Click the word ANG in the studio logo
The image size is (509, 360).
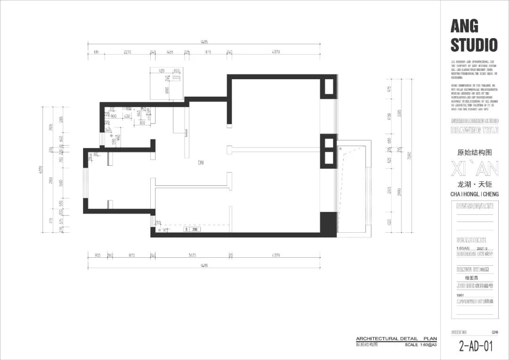pos(464,25)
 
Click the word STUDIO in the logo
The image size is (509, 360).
pos(474,45)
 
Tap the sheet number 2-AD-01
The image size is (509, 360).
pos(476,346)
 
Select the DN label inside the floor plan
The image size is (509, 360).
pos(201,163)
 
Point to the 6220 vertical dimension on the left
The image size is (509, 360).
pos(41,170)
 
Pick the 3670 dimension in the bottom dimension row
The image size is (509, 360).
pos(192,255)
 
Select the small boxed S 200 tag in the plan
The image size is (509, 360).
pos(193,229)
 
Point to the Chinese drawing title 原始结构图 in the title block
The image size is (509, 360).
pos(474,153)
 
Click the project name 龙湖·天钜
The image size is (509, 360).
pos(474,184)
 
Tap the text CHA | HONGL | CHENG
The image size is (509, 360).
pos(474,194)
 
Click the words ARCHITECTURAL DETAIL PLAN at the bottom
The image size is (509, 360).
pos(396,339)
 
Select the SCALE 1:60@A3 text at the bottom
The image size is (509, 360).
pos(420,344)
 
